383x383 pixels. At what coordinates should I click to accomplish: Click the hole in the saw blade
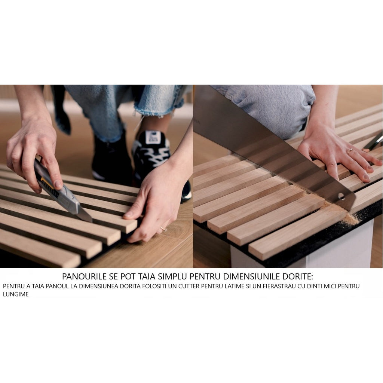pos(341,196)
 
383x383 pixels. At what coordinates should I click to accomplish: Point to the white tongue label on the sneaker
pos(153,137)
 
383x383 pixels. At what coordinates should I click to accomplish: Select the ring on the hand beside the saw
pos(350,151)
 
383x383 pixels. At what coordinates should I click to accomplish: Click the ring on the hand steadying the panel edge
pos(163,229)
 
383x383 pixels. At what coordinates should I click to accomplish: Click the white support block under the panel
pos(337,247)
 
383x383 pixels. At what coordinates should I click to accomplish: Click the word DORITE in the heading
pos(299,277)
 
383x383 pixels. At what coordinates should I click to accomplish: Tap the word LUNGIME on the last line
pos(16,294)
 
